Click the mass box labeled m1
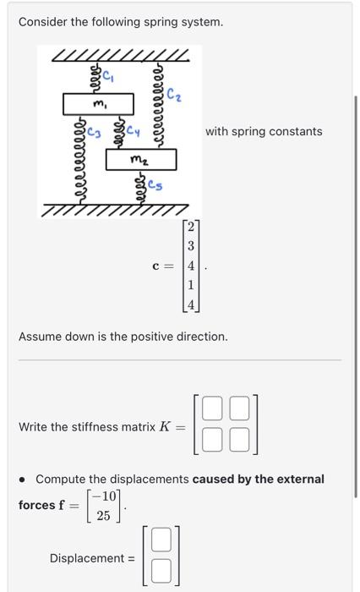tap(99, 104)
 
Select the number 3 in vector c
tap(191, 245)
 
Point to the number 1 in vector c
tap(191, 284)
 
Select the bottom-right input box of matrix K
tap(240, 438)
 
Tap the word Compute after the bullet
tap(61, 479)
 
